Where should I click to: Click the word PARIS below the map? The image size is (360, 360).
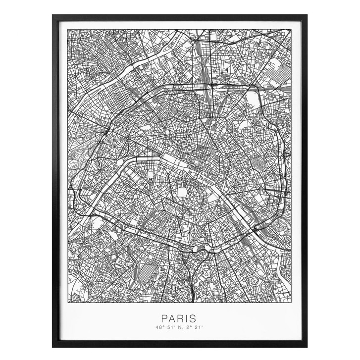pyautogui.click(x=179, y=318)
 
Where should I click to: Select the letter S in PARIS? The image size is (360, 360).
pyautogui.click(x=193, y=318)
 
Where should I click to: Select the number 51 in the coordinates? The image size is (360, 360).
pyautogui.click(x=170, y=327)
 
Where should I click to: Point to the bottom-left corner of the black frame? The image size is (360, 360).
pyautogui.click(x=53, y=346)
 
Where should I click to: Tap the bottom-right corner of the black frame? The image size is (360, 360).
pyautogui.click(x=307, y=346)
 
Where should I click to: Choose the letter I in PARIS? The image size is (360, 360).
pyautogui.click(x=187, y=318)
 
